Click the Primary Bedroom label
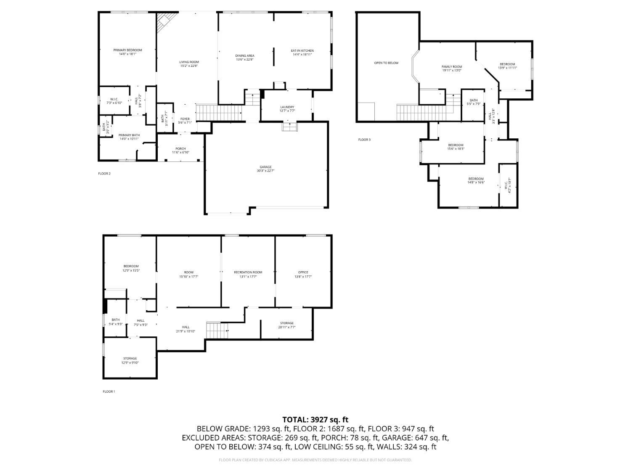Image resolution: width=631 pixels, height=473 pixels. [x=127, y=50]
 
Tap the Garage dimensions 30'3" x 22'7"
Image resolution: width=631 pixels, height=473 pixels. [x=265, y=171]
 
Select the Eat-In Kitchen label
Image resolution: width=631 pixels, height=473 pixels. [x=302, y=51]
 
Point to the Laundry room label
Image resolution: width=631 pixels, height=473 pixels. [x=287, y=107]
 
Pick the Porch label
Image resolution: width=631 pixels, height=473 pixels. [x=180, y=149]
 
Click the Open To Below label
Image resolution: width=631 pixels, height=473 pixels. [x=386, y=63]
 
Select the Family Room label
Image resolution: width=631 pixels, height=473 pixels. [x=451, y=67]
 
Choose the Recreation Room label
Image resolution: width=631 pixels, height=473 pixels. [x=248, y=272]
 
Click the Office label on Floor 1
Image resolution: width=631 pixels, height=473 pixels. [x=303, y=272]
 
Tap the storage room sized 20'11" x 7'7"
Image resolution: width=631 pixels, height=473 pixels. [x=286, y=325]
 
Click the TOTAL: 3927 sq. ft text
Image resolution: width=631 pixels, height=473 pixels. [x=315, y=420]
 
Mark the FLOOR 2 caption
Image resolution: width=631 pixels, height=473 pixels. [x=104, y=174]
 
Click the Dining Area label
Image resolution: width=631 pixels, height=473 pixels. [x=244, y=56]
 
